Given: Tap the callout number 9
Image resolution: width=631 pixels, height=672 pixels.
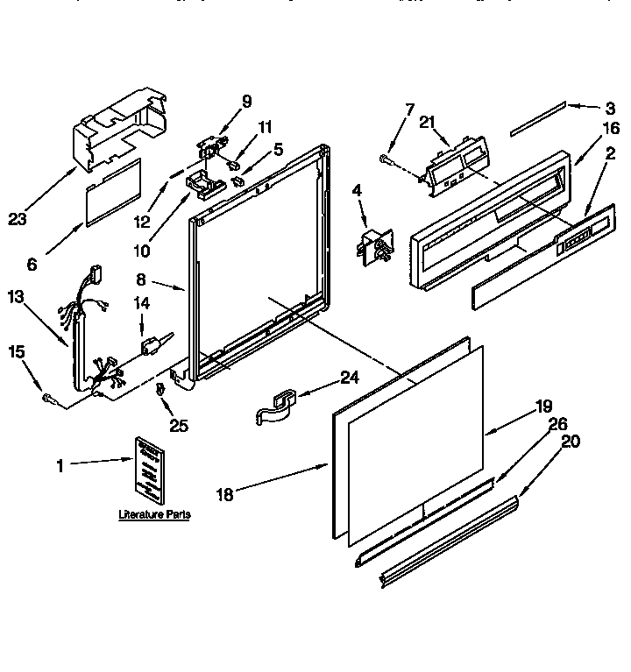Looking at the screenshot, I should (246, 101).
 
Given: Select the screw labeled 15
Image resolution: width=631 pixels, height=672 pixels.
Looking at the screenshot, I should (48, 399).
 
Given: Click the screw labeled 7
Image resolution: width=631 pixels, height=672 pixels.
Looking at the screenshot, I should (386, 159).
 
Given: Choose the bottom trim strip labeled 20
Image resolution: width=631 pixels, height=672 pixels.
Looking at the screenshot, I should (447, 539).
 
